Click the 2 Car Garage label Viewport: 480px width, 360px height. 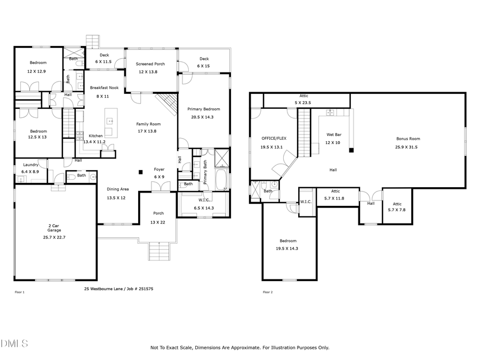pos(54,228)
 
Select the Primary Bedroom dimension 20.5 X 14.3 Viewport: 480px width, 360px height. pos(204,117)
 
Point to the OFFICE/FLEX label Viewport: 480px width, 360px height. pos(274,138)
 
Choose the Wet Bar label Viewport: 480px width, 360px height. pos(333,135)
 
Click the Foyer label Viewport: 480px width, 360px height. pos(159,170)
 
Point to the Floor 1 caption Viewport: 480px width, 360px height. pos(19,292)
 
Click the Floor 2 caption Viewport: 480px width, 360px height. pos(268,292)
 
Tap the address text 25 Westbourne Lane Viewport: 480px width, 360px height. pos(103,289)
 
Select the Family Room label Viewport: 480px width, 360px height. pos(148,124)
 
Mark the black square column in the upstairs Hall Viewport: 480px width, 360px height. pos(351,150)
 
